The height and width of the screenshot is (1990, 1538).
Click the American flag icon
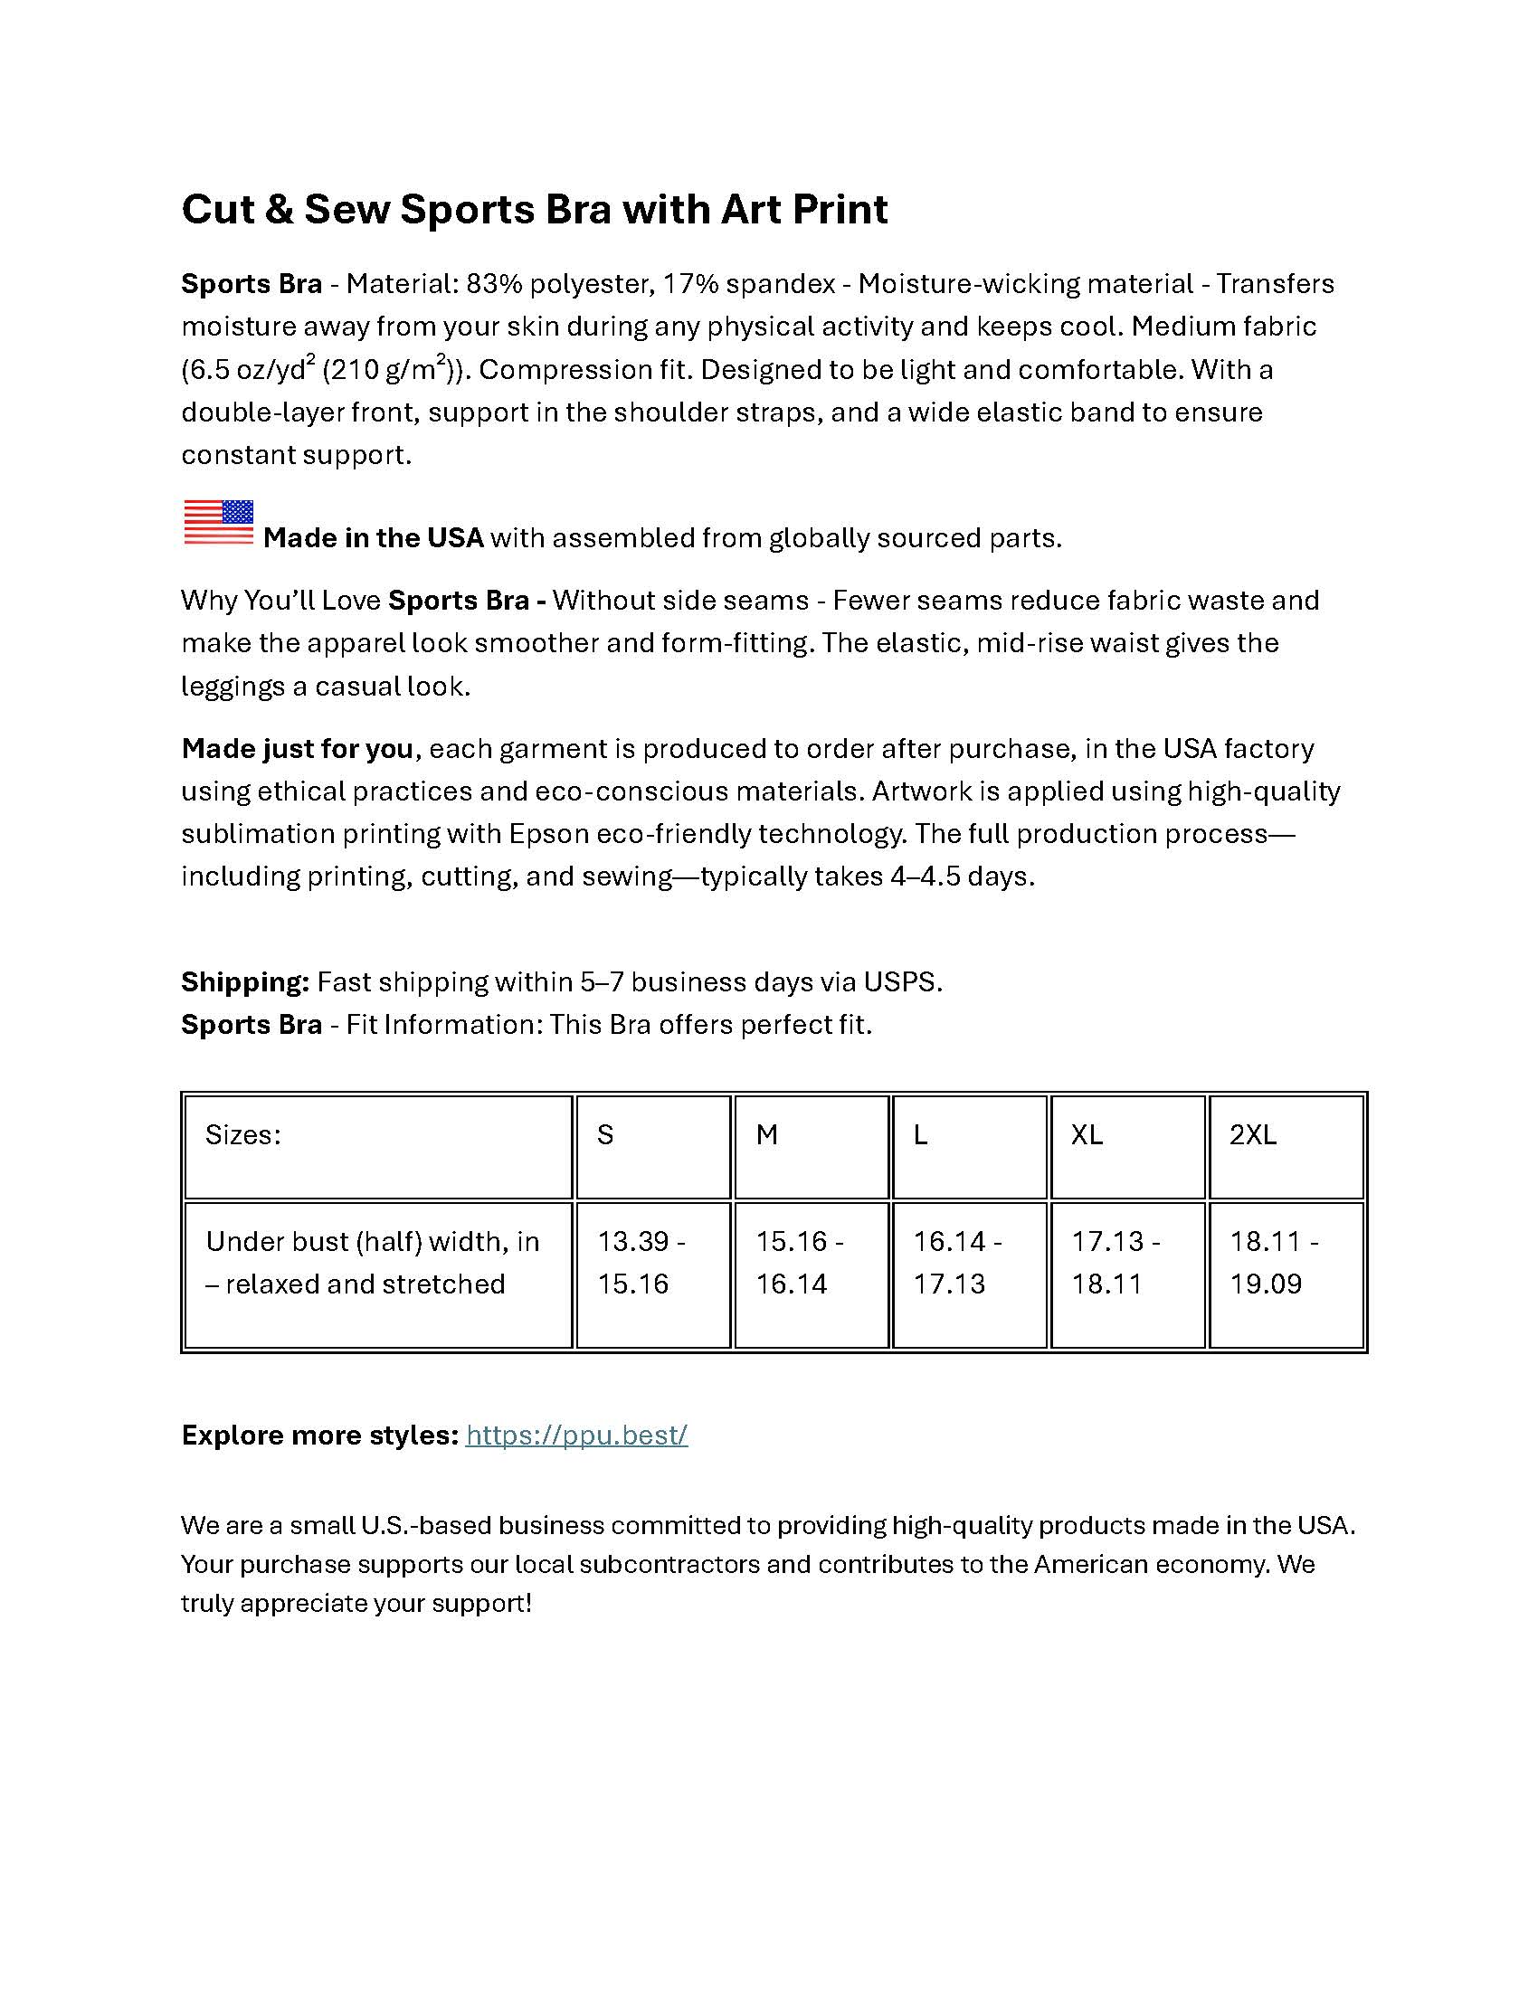[219, 523]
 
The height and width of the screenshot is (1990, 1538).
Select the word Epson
[545, 834]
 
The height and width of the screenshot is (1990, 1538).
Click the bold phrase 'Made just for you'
[297, 748]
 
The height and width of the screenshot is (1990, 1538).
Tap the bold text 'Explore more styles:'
[319, 1435]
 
